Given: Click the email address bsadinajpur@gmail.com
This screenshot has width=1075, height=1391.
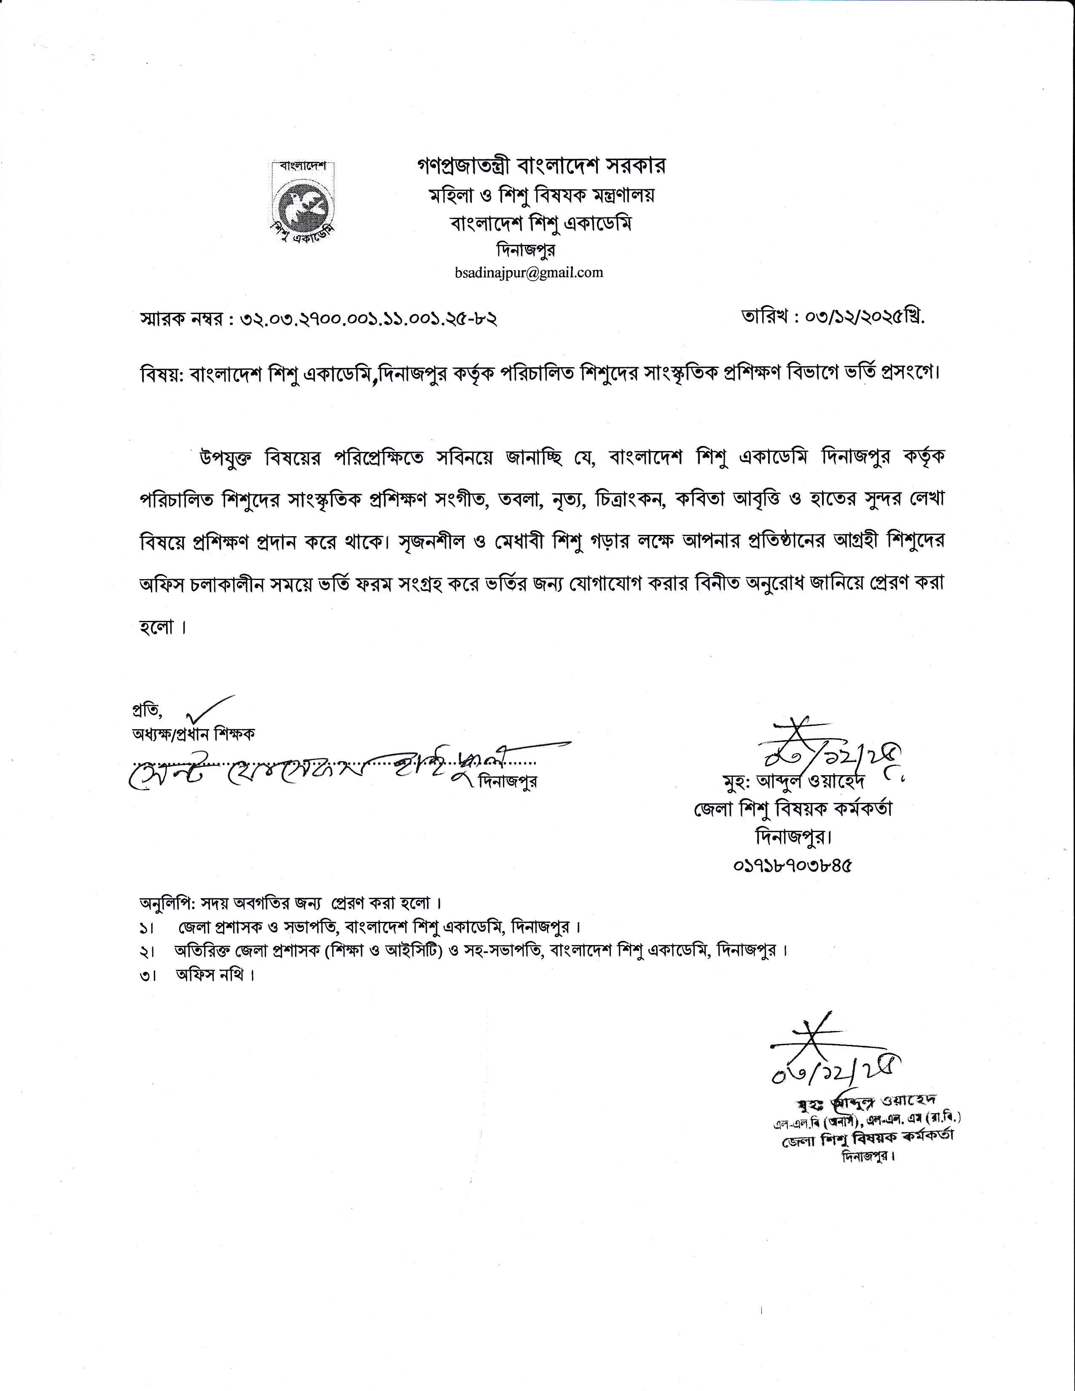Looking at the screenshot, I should (529, 273).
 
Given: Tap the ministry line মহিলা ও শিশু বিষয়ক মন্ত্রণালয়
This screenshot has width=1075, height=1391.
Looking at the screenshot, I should (541, 196).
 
